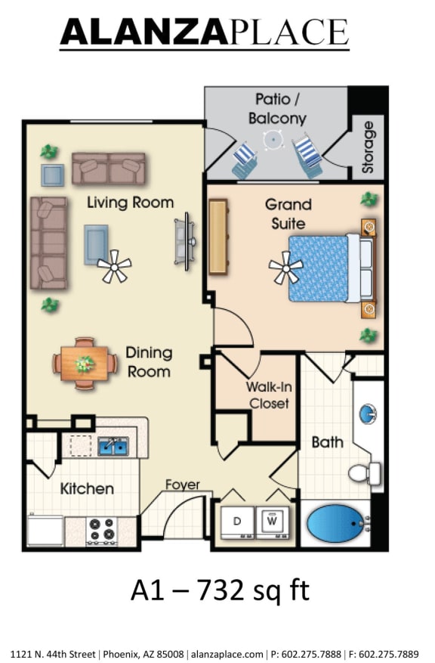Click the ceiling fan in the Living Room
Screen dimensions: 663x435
click(114, 266)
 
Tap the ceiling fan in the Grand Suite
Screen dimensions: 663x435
click(286, 267)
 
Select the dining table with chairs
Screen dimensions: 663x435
click(85, 362)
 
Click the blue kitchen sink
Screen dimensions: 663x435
click(113, 446)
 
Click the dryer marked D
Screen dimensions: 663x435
click(238, 522)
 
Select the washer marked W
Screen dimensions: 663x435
click(273, 522)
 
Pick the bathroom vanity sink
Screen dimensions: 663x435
click(368, 413)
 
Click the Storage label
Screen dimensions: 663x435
click(368, 147)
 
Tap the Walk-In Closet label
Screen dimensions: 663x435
click(267, 395)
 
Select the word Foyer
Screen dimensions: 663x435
click(183, 485)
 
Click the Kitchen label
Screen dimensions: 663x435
click(87, 489)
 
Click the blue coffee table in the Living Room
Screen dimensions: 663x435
click(96, 243)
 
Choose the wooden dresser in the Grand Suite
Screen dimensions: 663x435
click(218, 236)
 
